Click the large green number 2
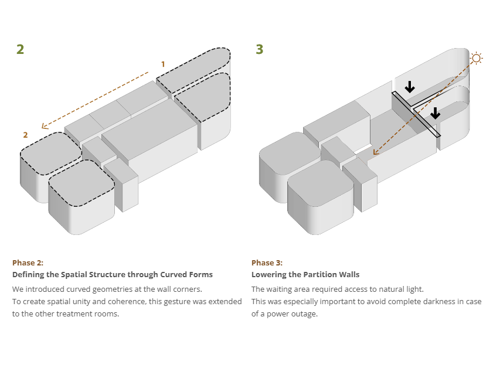(21, 49)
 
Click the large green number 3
(260, 49)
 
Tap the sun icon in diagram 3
(476, 57)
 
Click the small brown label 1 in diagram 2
(163, 64)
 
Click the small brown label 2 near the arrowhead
(25, 135)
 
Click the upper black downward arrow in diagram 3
(410, 86)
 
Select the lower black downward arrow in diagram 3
(434, 113)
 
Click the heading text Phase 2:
(28, 263)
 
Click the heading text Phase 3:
(267, 263)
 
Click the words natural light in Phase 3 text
(403, 289)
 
